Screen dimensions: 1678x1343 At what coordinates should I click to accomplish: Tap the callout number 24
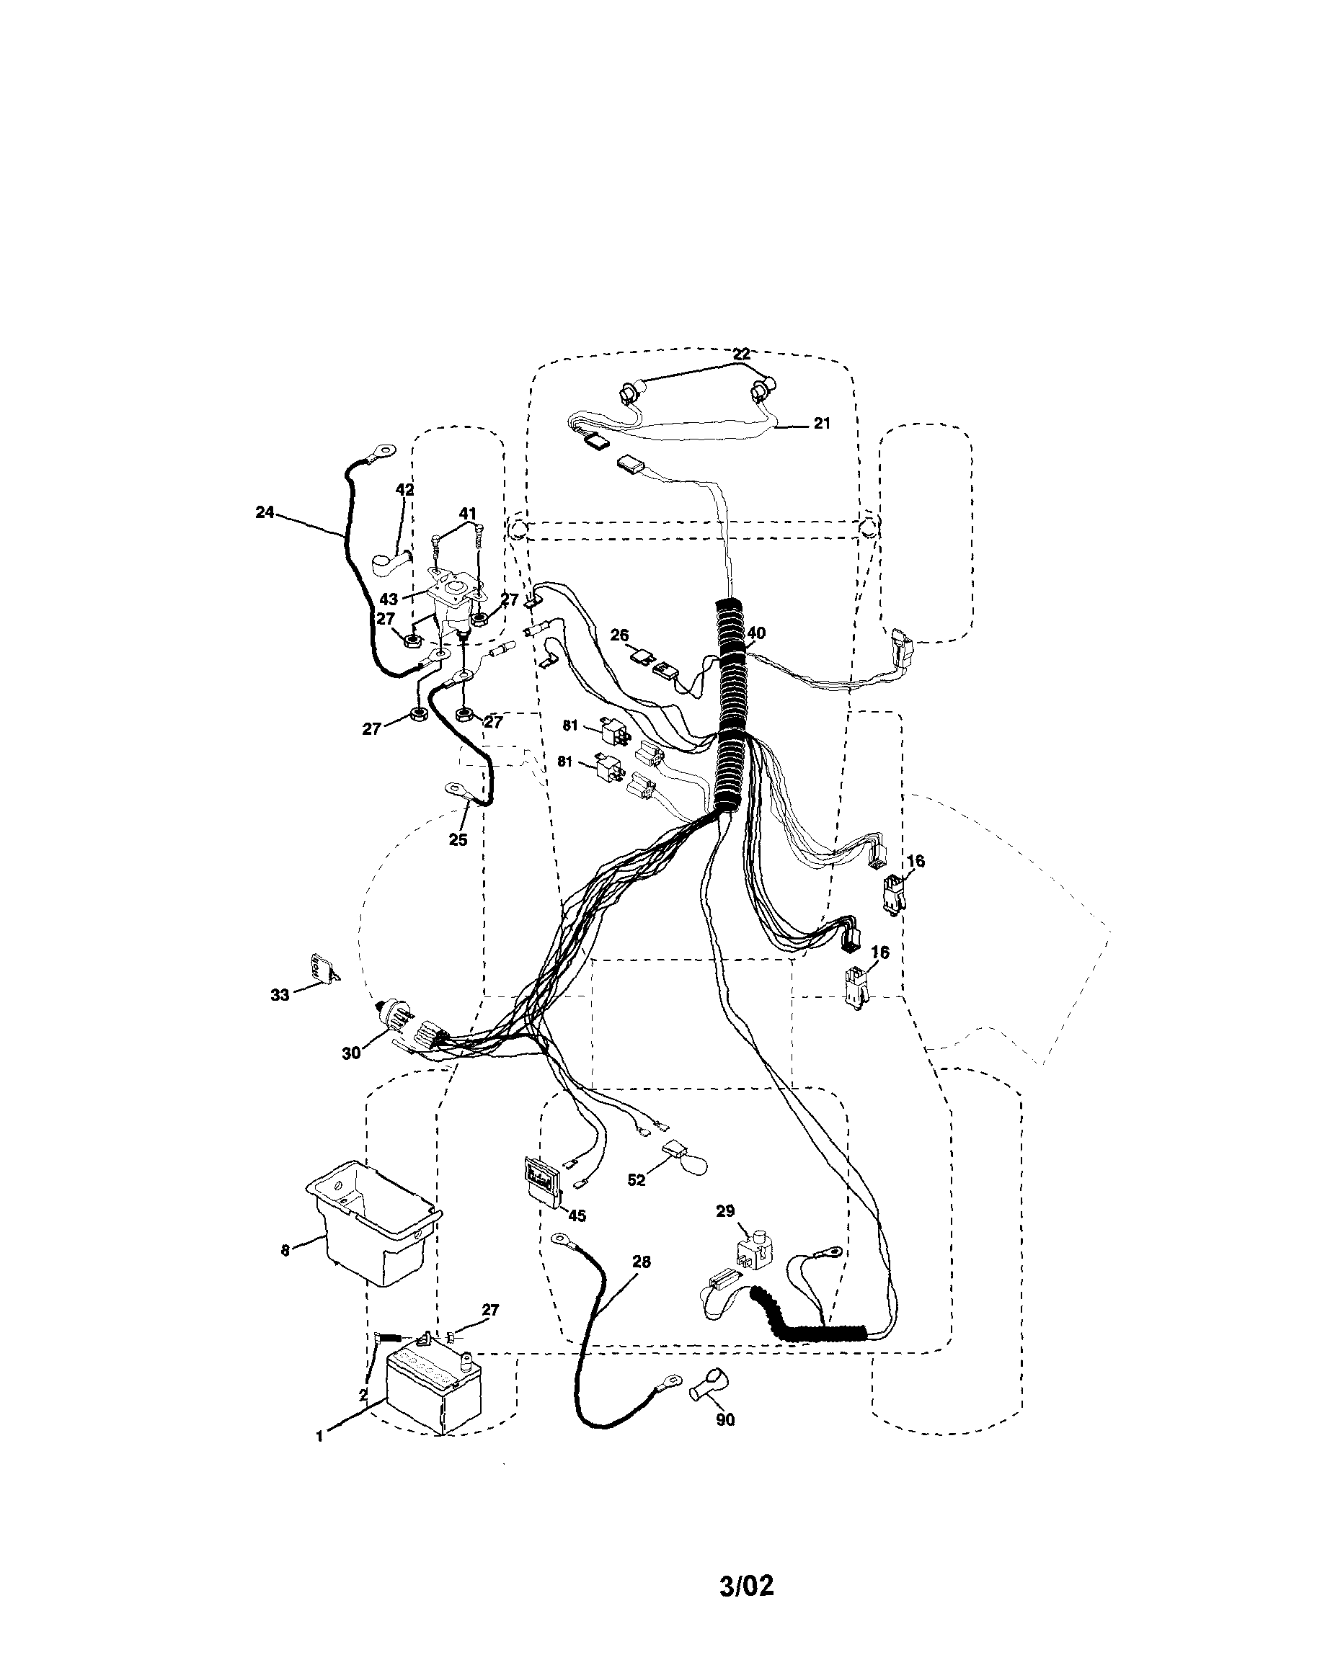click(265, 512)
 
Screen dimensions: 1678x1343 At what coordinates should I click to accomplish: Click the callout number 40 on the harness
click(756, 633)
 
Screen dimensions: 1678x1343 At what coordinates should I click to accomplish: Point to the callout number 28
click(641, 1262)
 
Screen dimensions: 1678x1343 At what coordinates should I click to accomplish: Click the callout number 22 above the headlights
click(741, 355)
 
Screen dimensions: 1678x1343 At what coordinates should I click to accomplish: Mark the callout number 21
click(821, 424)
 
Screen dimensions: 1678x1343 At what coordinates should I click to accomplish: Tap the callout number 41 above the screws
click(467, 514)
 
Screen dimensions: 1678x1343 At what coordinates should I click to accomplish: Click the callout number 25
click(458, 840)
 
